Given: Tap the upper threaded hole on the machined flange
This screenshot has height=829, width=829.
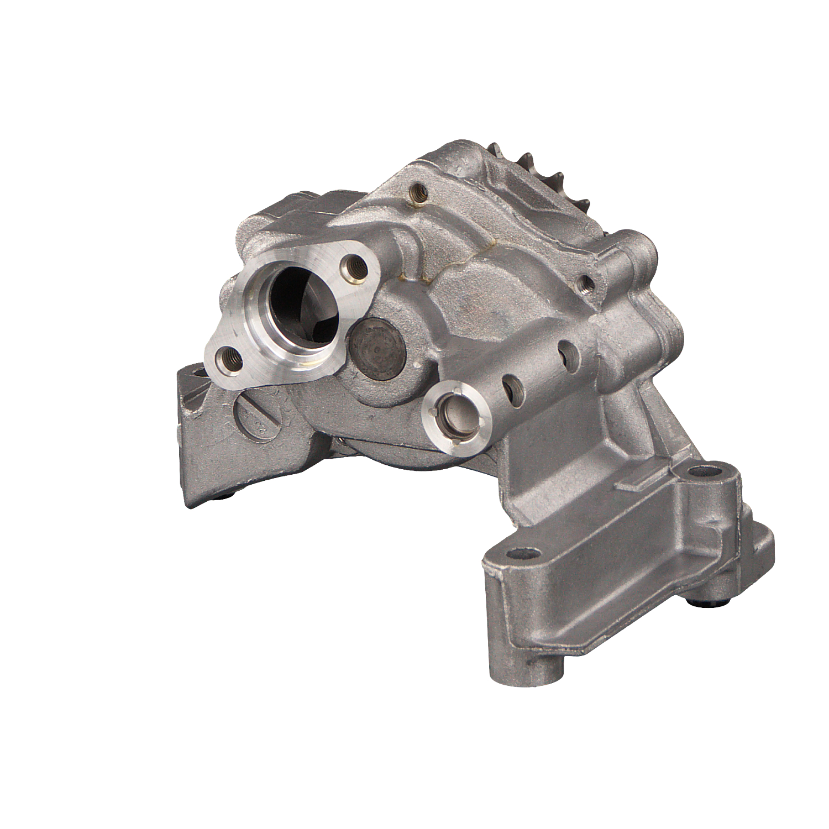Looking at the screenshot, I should coord(353,267).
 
